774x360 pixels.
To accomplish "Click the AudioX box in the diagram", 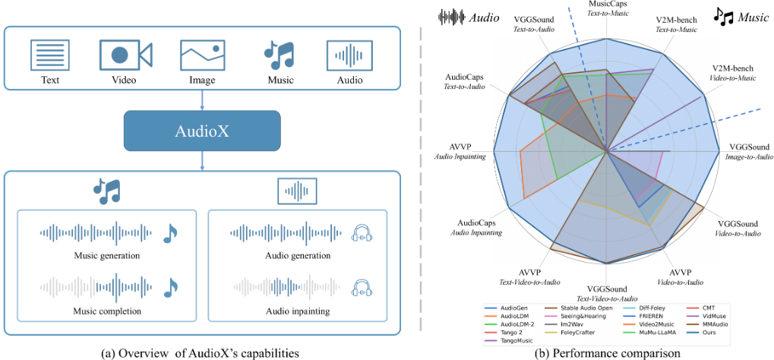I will [x=201, y=130].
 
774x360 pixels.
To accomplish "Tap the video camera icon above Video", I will [x=125, y=55].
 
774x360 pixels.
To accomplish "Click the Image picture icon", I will [x=202, y=55].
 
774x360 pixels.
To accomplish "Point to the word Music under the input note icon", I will [x=279, y=80].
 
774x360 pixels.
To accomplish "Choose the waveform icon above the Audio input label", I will [x=349, y=55].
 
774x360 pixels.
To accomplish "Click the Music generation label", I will [x=106, y=255].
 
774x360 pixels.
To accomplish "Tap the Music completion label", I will [x=106, y=311].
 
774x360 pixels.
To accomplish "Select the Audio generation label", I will [x=298, y=255].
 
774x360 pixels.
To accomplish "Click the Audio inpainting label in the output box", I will [x=298, y=311].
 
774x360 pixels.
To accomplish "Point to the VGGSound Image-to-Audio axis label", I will [x=749, y=151].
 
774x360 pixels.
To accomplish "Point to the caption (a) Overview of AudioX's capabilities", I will [x=201, y=352].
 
